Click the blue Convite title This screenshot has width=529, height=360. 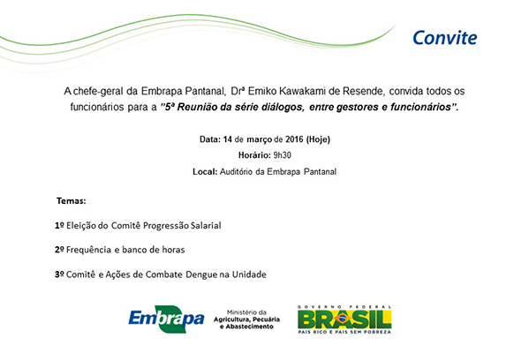click(444, 38)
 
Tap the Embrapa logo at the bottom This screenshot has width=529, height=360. click(166, 319)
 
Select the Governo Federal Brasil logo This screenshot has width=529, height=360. click(344, 319)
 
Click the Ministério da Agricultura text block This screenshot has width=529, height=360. click(246, 319)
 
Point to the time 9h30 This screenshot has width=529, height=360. click(282, 155)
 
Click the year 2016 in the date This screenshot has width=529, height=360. click(294, 139)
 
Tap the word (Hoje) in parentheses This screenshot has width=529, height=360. click(318, 139)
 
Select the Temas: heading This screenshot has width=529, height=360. click(72, 201)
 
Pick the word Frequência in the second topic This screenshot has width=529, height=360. click(88, 250)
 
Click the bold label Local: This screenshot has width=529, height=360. click(205, 171)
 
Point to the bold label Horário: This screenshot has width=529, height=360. click(254, 155)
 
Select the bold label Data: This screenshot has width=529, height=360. click(210, 139)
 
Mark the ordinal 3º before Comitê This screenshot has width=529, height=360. click(59, 274)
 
